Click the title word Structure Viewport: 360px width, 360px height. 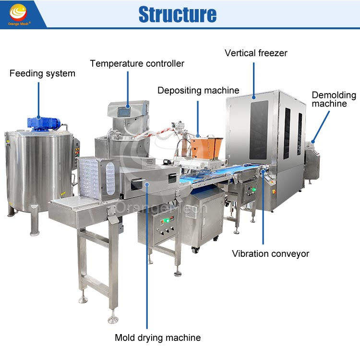[178, 14]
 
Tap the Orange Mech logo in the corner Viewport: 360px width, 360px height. [20, 14]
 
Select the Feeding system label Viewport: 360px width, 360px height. [42, 73]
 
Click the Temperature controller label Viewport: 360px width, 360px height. [137, 63]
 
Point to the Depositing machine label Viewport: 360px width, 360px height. [198, 90]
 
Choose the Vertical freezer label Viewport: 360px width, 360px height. [256, 53]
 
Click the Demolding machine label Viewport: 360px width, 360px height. [334, 99]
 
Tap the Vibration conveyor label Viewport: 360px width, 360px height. [270, 253]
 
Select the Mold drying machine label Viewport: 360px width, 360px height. [157, 337]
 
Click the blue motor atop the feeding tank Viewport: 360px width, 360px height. [43, 122]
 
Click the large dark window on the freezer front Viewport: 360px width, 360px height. [259, 130]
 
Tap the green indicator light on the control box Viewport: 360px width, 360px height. [165, 221]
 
